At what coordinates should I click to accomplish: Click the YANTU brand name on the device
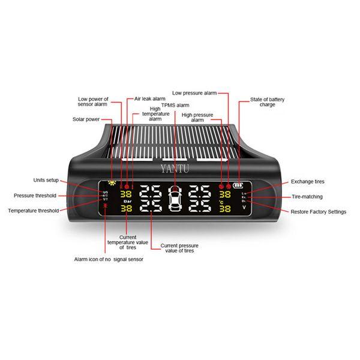point(175,169)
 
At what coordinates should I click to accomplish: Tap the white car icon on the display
point(175,200)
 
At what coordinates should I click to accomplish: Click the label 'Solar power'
point(85,119)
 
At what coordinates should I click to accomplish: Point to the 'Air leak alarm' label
point(150,98)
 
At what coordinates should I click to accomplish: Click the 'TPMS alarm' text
point(175,104)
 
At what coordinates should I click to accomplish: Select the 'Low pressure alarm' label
point(194,93)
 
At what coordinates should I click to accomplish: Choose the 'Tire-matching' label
point(306,196)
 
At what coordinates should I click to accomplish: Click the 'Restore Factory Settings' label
point(318,212)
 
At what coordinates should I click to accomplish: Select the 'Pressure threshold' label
point(35,196)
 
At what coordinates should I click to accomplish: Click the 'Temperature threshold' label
point(34,211)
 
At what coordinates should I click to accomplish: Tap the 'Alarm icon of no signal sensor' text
point(109,259)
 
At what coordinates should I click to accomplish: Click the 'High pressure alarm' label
point(197,116)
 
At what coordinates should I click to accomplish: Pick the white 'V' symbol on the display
point(244,208)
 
